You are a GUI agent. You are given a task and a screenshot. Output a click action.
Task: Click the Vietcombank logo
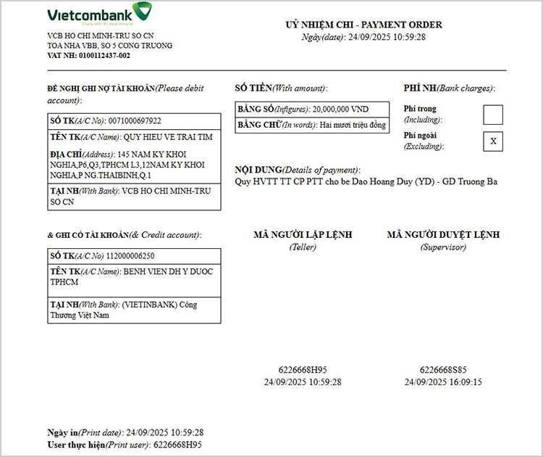click(99, 15)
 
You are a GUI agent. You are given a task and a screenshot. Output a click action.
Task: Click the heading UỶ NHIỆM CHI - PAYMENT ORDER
click(363, 25)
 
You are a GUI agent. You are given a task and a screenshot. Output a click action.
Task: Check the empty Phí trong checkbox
click(493, 115)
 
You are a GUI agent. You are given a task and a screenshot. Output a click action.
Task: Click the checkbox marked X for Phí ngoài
click(493, 141)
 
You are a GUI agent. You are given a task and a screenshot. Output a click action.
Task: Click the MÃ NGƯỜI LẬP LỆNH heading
click(303, 235)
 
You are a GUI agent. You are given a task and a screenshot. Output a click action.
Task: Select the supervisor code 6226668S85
click(443, 369)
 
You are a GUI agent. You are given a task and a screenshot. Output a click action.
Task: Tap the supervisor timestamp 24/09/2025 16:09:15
click(443, 382)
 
